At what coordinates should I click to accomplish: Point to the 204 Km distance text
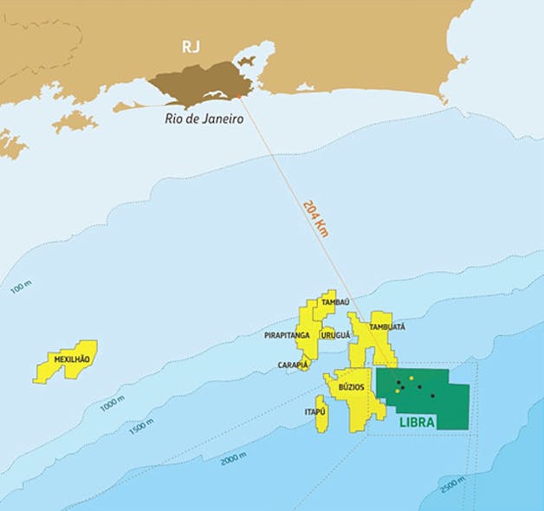point(315,217)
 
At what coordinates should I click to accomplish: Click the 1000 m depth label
point(112,402)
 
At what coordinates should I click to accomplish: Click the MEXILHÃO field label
point(72,359)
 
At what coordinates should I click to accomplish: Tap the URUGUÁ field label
point(334,334)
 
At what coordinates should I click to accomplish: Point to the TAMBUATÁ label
point(387,327)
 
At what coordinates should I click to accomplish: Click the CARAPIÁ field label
point(293,365)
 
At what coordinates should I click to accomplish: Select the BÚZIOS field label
point(351,387)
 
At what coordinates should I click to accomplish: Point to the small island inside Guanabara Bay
point(248,61)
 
